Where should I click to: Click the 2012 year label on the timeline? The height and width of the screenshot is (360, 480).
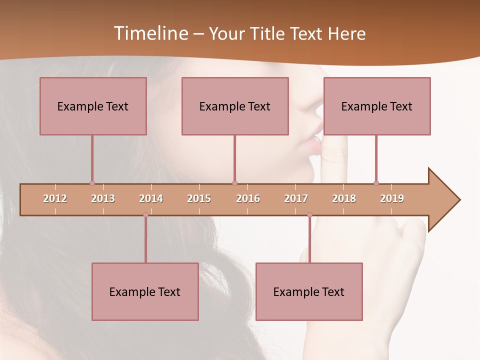coord(55,198)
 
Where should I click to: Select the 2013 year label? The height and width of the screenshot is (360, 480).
coord(103,198)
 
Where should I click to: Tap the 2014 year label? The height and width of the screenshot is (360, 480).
coord(151,198)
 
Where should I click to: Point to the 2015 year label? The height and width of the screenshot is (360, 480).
coord(199,198)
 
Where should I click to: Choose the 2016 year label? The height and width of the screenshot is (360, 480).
coord(248,198)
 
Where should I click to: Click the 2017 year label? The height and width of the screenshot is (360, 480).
coord(296,198)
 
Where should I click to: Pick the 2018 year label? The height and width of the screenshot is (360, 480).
coord(344,198)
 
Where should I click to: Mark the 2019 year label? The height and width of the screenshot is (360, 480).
coord(392,198)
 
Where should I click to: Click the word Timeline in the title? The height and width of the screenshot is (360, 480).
coord(150,33)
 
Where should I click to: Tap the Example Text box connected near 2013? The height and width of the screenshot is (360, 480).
coord(93,106)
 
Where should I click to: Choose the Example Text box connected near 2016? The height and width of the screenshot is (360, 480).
coord(235,106)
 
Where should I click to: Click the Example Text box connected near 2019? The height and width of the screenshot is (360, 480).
coord(377,106)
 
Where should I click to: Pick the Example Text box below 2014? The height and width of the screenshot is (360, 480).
coord(145,291)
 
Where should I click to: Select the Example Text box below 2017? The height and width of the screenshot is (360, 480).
coord(309,291)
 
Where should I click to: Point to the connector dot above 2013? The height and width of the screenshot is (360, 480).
coord(92,183)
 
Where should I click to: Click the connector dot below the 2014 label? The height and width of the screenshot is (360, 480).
coord(145,215)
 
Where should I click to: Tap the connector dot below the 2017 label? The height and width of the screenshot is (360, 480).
coord(309,215)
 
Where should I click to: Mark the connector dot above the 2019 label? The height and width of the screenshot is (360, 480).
coord(376,183)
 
